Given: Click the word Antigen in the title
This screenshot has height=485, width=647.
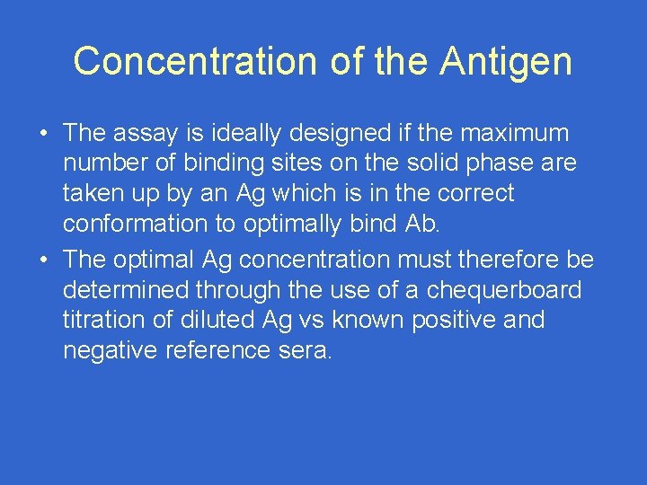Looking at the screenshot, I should point(506,61).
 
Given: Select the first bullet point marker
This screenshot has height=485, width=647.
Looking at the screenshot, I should point(43,134).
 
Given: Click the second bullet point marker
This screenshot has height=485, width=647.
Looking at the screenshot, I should point(43,260).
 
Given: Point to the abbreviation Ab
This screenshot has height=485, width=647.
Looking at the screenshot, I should point(421,223).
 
